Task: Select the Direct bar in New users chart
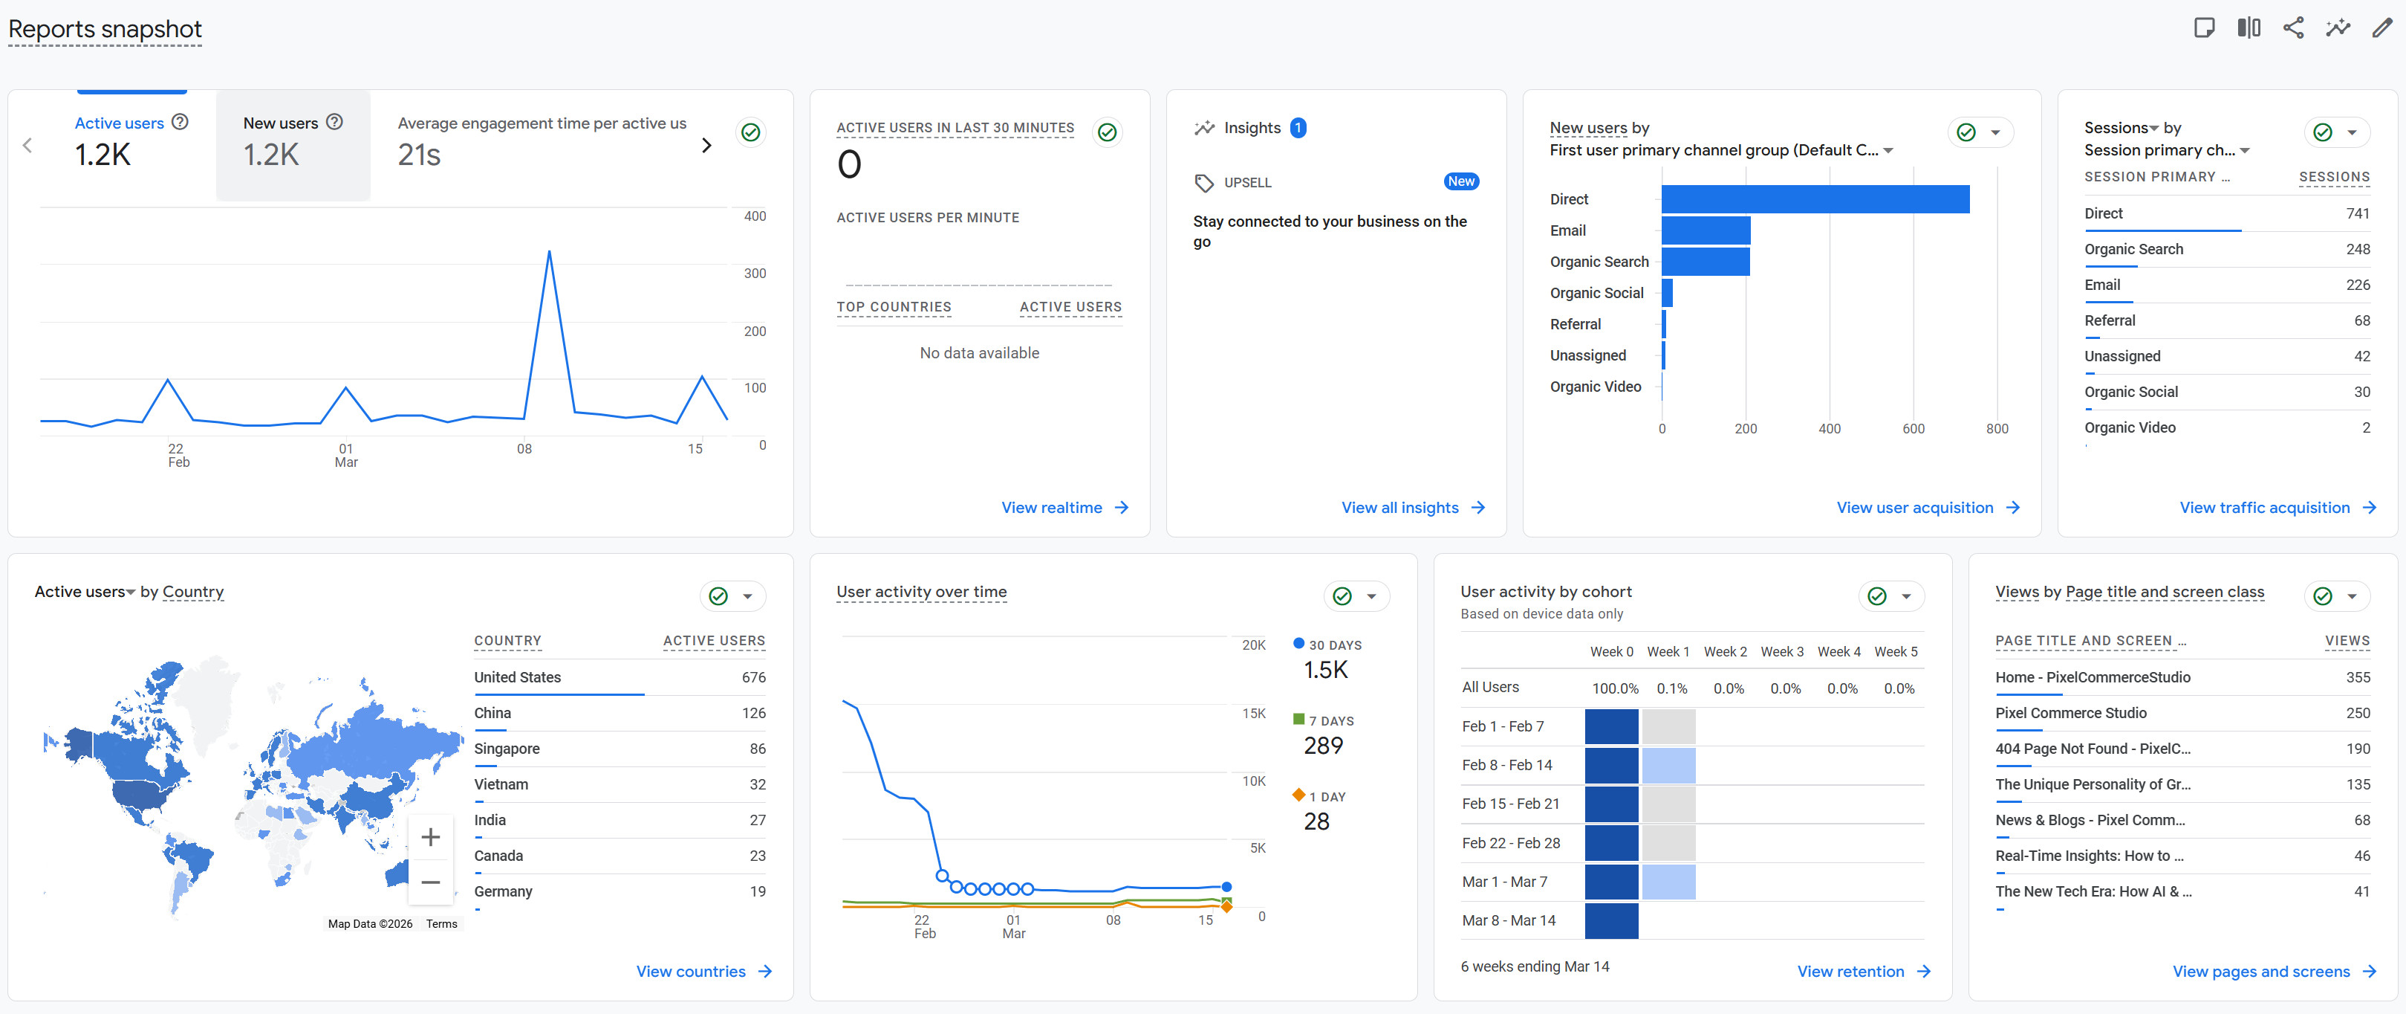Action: tap(1814, 199)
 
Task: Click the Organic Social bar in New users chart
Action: tap(1667, 292)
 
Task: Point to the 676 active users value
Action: tap(752, 676)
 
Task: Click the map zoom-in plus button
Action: tap(431, 836)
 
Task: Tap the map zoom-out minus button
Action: tap(431, 882)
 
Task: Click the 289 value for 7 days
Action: tap(1322, 746)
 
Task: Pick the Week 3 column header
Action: tap(1781, 651)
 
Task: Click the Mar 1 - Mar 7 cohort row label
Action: tap(1503, 881)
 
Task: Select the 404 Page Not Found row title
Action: tap(2093, 749)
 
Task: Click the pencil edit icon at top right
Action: tap(2381, 28)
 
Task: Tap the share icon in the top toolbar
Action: tap(2293, 28)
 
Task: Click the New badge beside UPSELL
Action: tap(1461, 181)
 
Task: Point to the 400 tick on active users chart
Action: tap(755, 216)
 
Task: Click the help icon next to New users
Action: tap(334, 121)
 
